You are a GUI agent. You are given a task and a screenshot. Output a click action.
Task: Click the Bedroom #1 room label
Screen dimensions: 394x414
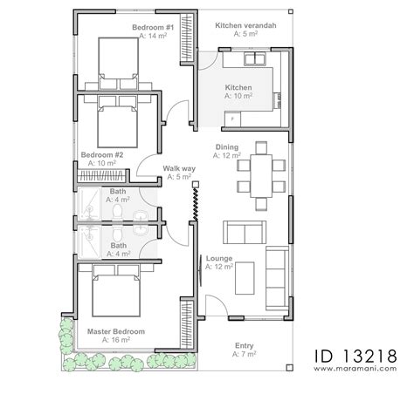point(154,28)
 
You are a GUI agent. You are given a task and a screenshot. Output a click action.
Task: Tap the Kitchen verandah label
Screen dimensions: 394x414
point(246,26)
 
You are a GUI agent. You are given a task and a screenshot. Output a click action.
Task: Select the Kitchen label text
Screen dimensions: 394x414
point(238,88)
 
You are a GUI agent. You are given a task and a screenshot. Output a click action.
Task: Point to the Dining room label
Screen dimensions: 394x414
point(227,147)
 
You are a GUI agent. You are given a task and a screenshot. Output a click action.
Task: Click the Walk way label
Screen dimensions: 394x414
point(178,168)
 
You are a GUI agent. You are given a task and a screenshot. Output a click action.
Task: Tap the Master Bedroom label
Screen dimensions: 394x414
point(116,331)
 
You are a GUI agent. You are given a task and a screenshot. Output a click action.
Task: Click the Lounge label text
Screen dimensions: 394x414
point(219,259)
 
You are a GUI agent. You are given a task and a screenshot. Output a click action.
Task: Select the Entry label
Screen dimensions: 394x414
point(245,346)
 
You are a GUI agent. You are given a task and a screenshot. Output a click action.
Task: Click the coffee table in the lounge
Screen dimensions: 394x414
point(247,275)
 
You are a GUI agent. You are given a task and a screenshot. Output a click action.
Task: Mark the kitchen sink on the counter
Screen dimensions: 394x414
point(258,59)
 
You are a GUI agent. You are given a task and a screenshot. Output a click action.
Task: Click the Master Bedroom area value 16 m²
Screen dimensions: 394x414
point(116,340)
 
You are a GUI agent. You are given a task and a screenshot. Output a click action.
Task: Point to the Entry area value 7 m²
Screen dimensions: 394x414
point(245,355)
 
